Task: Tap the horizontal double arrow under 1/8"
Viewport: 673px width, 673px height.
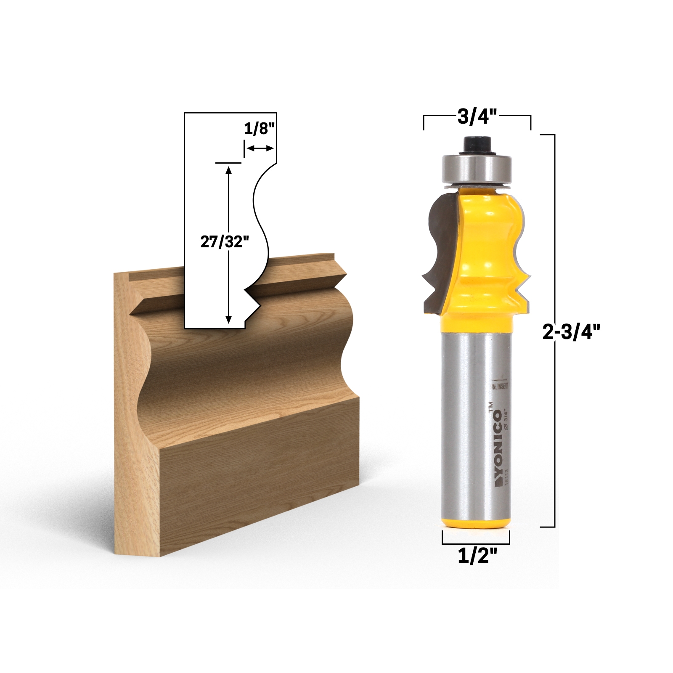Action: pos(260,148)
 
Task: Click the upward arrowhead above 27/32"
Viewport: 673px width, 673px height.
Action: pos(228,170)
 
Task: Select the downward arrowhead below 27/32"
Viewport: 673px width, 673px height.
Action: pos(228,320)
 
